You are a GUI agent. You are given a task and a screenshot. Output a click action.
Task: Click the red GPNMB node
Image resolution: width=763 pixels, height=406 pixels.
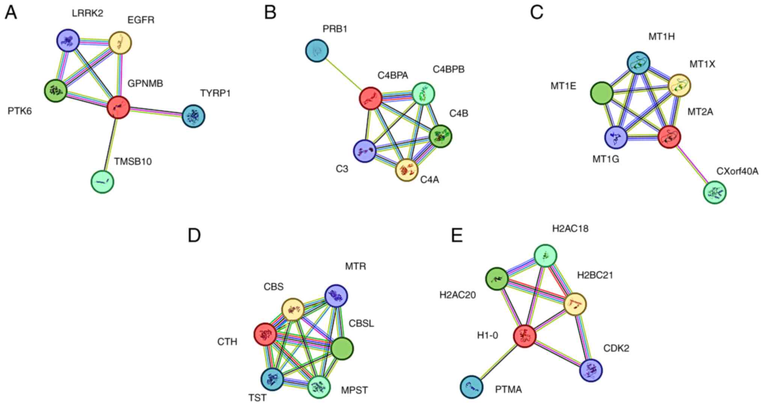click(x=119, y=107)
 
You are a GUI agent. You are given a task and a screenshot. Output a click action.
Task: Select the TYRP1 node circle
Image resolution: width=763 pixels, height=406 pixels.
click(x=193, y=116)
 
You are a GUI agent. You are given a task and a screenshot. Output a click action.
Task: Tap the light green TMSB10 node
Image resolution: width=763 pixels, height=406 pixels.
click(x=103, y=182)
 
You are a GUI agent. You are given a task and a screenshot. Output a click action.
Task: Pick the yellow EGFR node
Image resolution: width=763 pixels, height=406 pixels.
click(x=120, y=44)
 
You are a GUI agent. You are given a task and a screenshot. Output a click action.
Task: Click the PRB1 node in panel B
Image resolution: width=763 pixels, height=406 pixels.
click(x=317, y=50)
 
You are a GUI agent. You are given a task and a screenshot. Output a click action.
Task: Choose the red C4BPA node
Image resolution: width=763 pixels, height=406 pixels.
click(x=371, y=98)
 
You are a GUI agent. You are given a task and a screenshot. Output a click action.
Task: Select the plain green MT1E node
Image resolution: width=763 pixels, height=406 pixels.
click(x=602, y=93)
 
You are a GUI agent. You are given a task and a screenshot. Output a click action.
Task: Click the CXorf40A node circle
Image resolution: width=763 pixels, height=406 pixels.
click(x=715, y=192)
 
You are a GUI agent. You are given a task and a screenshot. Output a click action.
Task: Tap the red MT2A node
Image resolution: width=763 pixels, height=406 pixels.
click(x=670, y=137)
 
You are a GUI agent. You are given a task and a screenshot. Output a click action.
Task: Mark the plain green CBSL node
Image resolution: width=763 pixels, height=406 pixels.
click(x=342, y=348)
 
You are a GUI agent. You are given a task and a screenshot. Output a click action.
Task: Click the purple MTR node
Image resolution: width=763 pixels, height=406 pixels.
click(x=336, y=296)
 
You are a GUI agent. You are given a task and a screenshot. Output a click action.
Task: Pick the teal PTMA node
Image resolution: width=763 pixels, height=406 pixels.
click(x=472, y=387)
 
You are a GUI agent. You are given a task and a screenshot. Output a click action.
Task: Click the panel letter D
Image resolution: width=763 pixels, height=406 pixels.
click(x=194, y=235)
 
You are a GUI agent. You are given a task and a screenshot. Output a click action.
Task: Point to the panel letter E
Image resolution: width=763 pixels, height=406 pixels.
click(x=457, y=235)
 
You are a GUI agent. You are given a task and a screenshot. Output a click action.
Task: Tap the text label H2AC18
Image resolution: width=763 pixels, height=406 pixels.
click(x=570, y=228)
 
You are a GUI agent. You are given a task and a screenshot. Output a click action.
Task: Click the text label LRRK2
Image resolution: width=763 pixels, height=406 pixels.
click(x=87, y=13)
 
